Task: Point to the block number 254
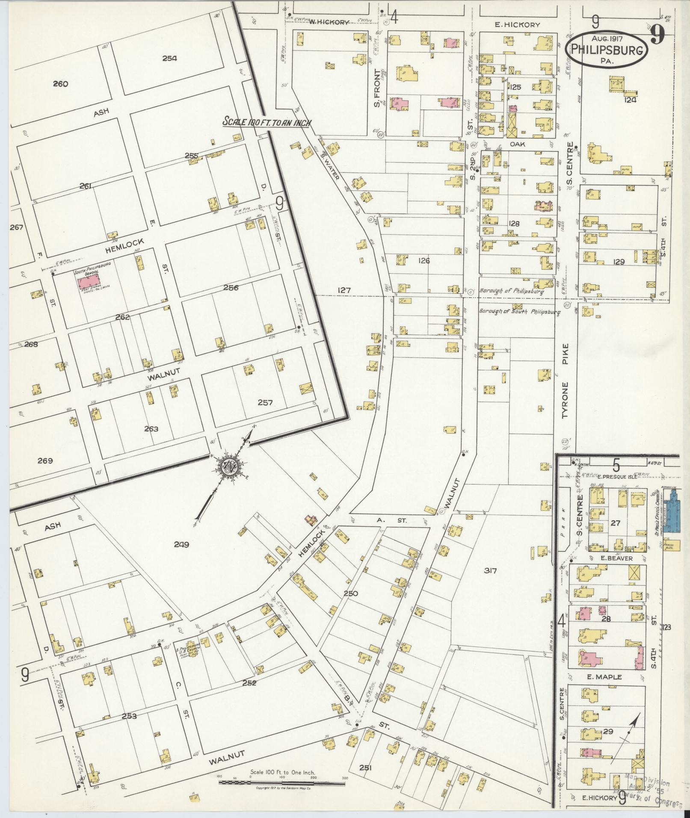(x=169, y=58)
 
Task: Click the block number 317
(x=490, y=570)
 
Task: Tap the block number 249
(x=181, y=544)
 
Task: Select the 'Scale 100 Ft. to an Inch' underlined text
(x=267, y=122)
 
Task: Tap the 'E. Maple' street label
(x=604, y=677)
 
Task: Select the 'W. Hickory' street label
(x=329, y=22)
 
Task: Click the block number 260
(x=60, y=84)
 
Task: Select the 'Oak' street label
(x=517, y=145)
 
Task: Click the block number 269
(x=45, y=461)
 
